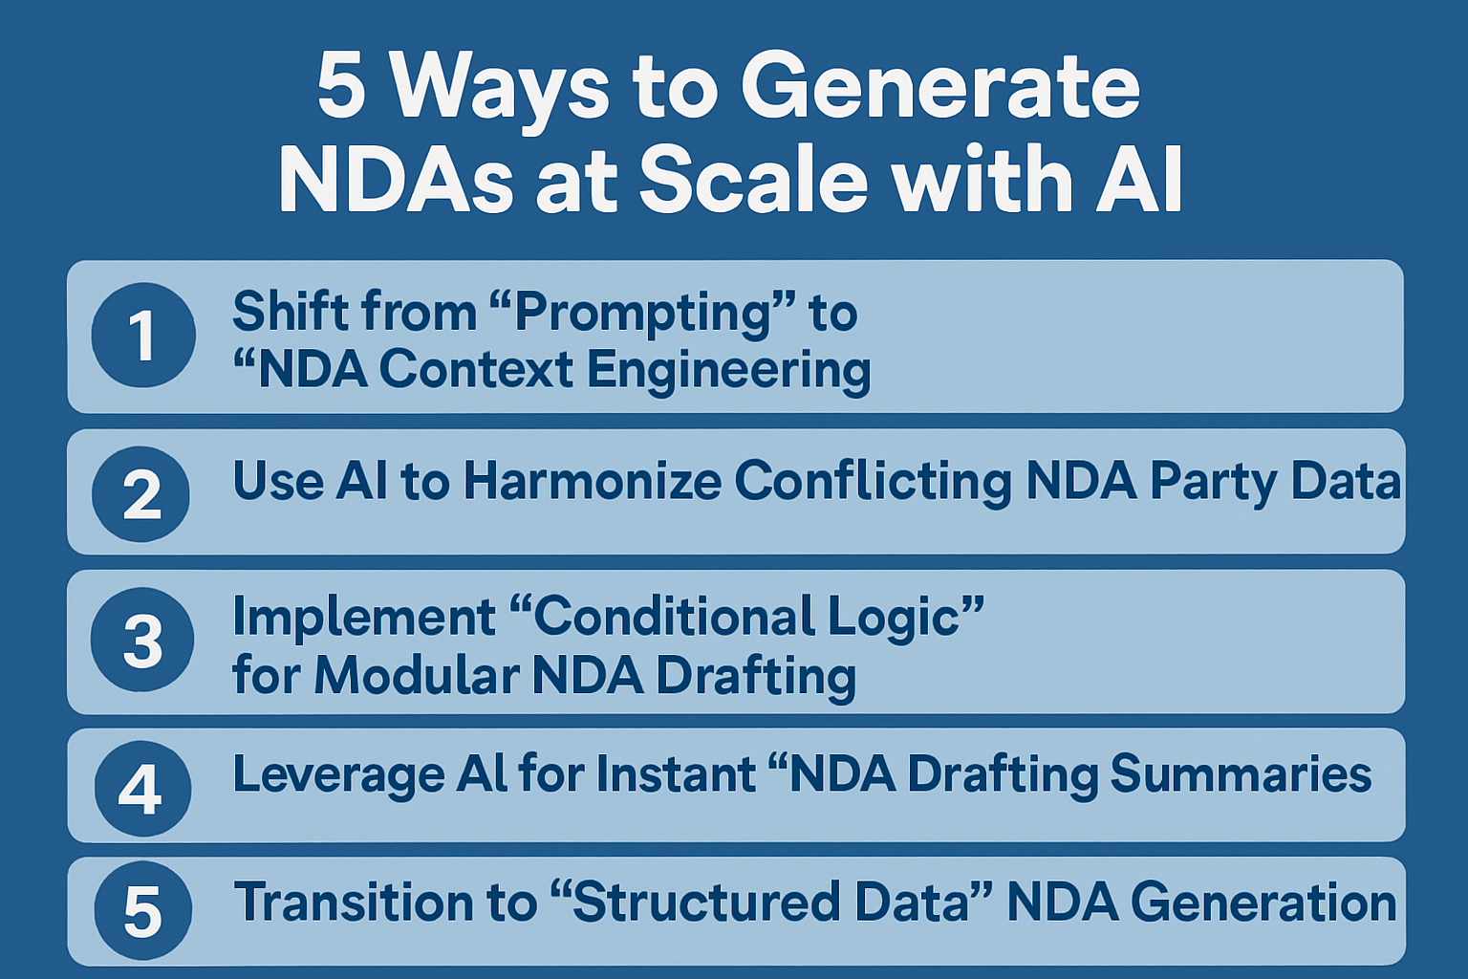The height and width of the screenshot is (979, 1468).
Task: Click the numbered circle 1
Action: (x=143, y=336)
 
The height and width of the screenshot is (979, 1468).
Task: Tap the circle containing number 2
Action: (x=141, y=494)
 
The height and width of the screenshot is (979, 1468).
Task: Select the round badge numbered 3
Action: (x=142, y=640)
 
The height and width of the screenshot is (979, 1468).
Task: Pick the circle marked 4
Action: (x=142, y=789)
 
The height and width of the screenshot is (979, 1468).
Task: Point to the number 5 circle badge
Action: (x=142, y=911)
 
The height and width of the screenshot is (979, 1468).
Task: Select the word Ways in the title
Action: (x=502, y=88)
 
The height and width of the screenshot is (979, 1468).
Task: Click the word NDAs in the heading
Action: (x=396, y=181)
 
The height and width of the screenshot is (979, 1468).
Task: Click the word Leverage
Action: (x=338, y=773)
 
